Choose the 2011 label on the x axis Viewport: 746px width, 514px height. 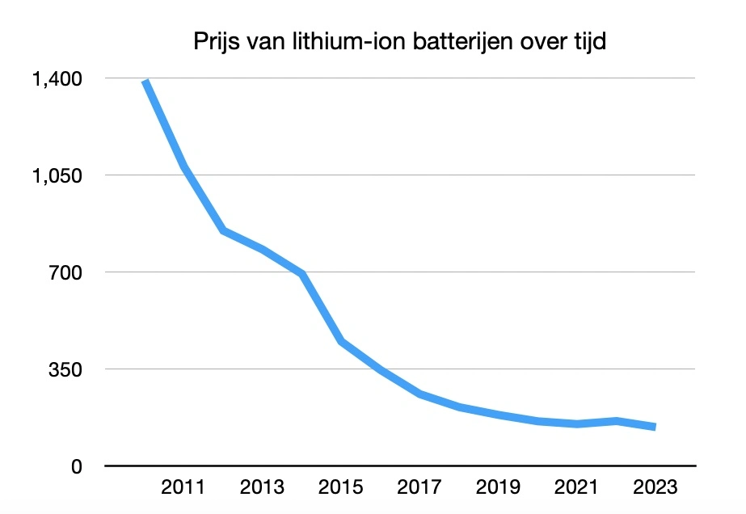tap(183, 489)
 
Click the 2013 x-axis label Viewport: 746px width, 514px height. tap(263, 489)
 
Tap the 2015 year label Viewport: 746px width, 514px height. tap(342, 489)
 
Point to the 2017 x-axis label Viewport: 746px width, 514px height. tap(421, 489)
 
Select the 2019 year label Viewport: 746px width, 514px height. tap(499, 489)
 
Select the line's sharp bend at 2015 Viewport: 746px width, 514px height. tap(342, 342)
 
